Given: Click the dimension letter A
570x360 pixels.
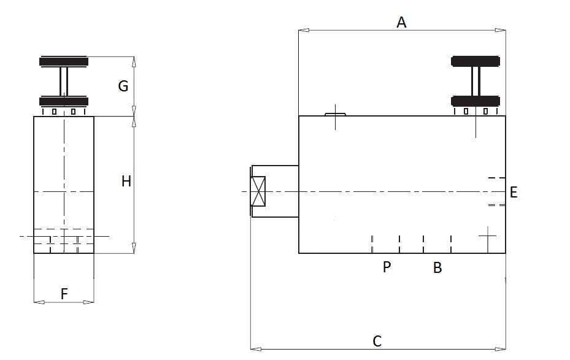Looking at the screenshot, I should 402,23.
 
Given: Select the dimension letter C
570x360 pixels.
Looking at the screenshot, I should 377,341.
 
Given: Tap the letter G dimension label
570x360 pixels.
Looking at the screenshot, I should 123,86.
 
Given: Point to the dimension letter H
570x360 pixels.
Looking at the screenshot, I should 126,181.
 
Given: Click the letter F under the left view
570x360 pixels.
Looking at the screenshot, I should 64,294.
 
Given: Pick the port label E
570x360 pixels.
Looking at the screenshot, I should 514,193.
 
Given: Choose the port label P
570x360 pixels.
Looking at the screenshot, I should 387,267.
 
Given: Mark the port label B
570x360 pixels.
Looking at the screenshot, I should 437,268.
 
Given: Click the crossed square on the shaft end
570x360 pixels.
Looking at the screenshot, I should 258,192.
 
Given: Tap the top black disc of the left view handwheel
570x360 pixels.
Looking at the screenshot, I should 64,62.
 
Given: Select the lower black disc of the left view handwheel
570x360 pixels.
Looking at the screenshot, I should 64,101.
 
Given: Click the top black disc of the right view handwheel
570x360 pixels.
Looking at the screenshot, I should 476,61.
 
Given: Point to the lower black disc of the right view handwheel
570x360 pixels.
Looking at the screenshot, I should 476,101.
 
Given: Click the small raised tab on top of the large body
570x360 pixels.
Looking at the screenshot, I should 335,113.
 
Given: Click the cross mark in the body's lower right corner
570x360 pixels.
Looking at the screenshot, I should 487,235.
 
